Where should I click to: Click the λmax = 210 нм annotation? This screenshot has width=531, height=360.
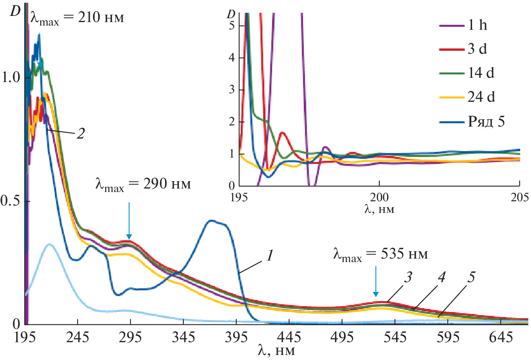[x=77, y=18]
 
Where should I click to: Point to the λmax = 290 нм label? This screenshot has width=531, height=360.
[x=143, y=184]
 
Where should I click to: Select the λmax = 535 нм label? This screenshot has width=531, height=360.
[x=381, y=254]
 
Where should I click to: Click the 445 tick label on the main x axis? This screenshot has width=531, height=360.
[x=289, y=337]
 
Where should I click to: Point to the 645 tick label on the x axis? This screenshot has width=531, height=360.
[x=501, y=337]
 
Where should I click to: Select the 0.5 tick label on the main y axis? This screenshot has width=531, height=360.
[x=10, y=201]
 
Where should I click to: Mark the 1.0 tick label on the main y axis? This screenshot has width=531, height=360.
[x=10, y=77]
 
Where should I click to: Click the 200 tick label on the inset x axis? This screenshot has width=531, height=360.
[x=379, y=197]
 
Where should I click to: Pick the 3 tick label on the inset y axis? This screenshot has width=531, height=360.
[x=232, y=90]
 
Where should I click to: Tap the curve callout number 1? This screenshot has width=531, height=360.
[x=270, y=255]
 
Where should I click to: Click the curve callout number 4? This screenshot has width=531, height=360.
[x=441, y=277]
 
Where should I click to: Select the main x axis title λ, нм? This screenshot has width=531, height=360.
[x=276, y=351]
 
